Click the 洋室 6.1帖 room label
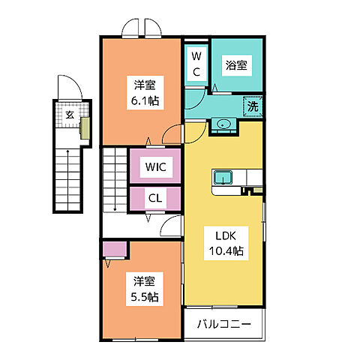145,92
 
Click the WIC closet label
156,165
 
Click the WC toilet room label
195,63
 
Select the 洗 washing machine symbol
253,107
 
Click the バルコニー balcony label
225,325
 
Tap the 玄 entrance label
69,115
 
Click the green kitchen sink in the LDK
223,178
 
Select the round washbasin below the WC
222,124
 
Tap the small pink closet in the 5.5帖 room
114,250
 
